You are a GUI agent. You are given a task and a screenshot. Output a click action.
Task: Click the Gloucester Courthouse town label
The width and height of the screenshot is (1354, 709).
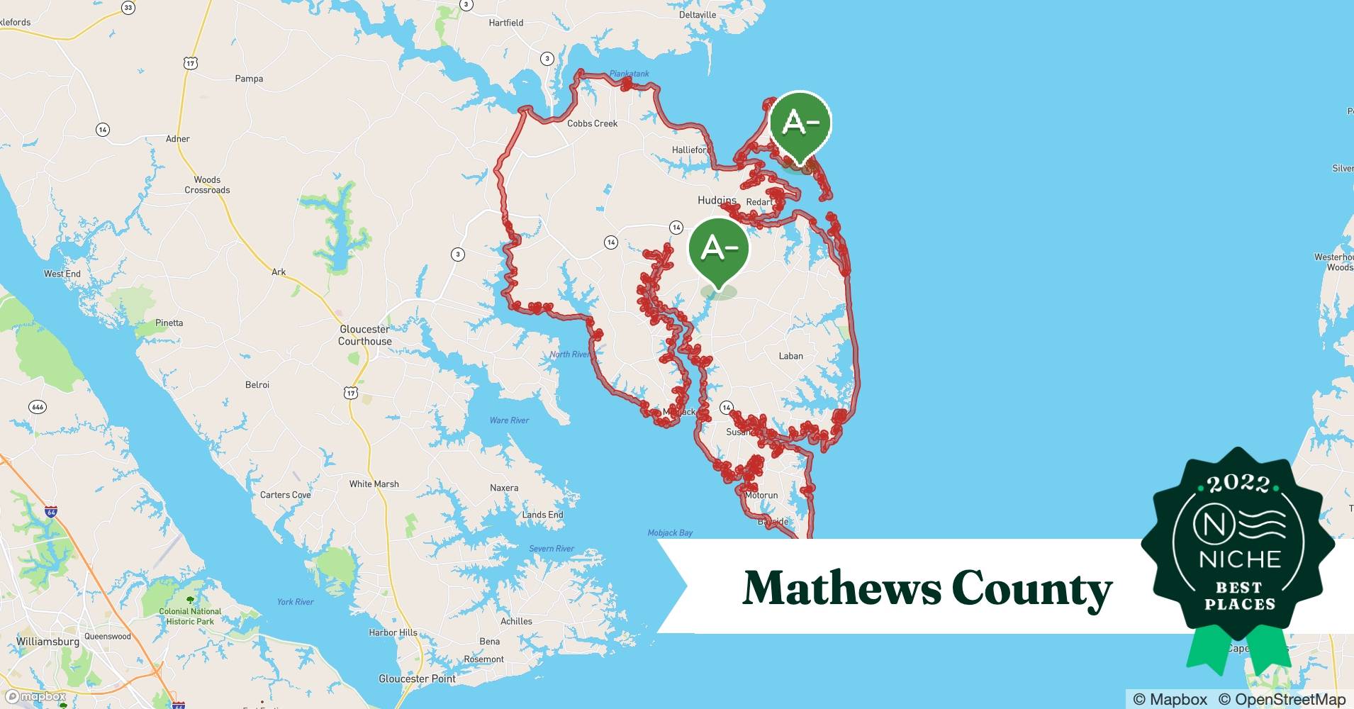[x=364, y=335]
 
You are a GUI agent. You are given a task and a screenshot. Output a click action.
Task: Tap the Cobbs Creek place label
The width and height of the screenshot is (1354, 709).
[x=592, y=123]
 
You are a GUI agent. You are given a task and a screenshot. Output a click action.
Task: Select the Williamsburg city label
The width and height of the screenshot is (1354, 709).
[x=47, y=642]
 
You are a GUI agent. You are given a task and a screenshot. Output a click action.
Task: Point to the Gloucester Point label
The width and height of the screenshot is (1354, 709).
[x=418, y=679]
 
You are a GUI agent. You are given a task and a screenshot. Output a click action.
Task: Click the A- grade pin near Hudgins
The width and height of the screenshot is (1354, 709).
[x=719, y=250]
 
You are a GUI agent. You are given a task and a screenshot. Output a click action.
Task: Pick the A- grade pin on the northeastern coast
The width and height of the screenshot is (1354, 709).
[x=800, y=125]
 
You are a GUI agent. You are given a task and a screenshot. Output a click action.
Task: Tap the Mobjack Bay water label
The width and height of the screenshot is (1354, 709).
[x=670, y=532]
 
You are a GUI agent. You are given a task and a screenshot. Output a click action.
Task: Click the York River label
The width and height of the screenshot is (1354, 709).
[x=295, y=602]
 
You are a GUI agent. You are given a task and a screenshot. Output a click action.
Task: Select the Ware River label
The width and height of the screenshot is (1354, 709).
[x=509, y=420]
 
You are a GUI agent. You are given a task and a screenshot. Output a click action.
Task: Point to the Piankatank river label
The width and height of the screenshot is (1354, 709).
[x=629, y=74]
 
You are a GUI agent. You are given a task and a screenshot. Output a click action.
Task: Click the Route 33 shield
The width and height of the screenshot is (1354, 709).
[x=128, y=8]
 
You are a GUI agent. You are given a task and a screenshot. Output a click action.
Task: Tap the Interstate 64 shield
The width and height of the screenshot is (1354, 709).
[x=51, y=511]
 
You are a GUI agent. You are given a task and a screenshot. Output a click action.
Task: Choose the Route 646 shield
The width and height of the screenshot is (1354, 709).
[x=38, y=407]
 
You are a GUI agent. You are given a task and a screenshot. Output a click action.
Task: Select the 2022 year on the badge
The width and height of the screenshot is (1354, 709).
[x=1238, y=484]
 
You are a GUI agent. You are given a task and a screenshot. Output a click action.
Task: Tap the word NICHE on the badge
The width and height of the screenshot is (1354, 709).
[x=1240, y=559]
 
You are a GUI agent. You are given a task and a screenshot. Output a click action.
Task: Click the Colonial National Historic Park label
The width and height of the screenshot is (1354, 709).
[x=190, y=616]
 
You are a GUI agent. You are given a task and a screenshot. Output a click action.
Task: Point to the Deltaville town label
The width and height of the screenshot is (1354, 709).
[x=698, y=15]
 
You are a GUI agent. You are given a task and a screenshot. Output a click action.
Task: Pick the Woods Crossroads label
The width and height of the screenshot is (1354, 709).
[x=207, y=185]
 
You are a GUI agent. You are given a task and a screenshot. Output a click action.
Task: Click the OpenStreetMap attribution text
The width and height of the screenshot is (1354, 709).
[x=1282, y=699]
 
